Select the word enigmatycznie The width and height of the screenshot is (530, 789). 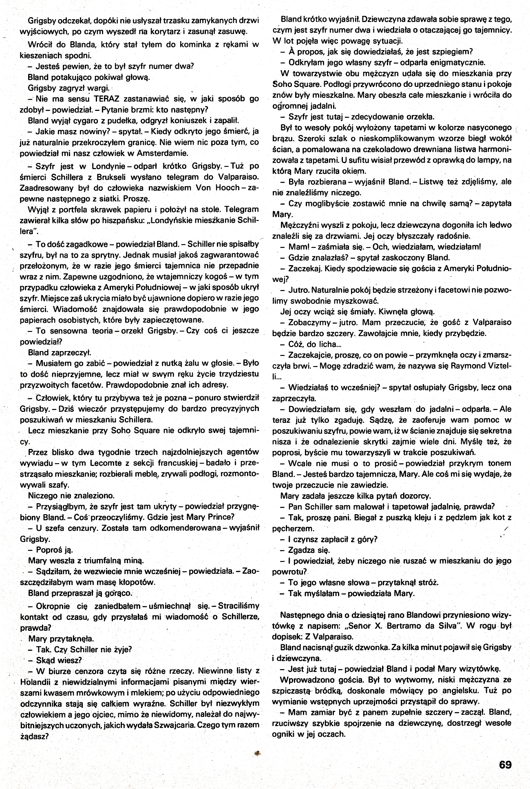tap(458, 63)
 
